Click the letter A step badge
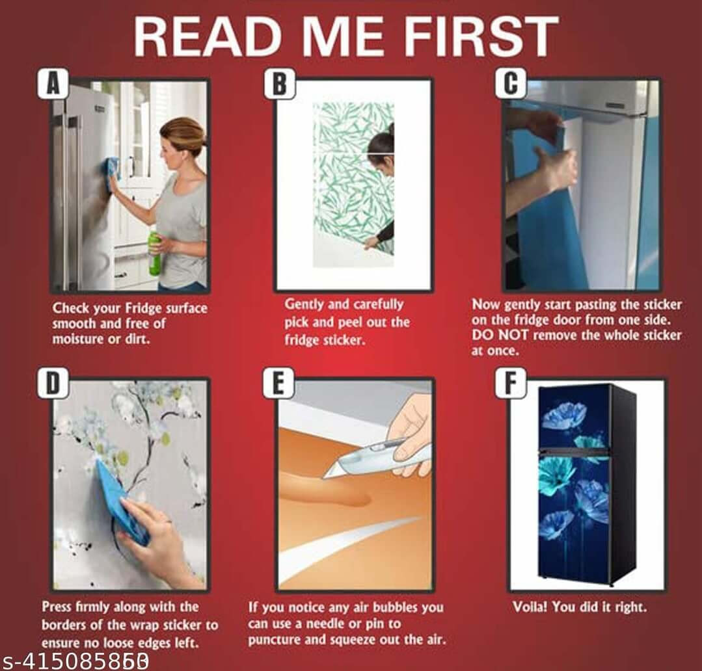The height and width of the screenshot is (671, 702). (53, 83)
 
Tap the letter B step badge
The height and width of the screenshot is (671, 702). (279, 83)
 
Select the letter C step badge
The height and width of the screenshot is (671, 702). (510, 83)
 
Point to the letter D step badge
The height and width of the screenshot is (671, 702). (53, 384)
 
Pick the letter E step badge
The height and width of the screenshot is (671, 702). (278, 384)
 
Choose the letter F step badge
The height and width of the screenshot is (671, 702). (510, 384)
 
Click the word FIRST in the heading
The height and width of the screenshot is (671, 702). (481, 36)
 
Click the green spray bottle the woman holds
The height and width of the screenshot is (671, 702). (155, 254)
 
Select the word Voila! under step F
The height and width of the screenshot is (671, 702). (530, 607)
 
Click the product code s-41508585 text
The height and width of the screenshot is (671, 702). (75, 661)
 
